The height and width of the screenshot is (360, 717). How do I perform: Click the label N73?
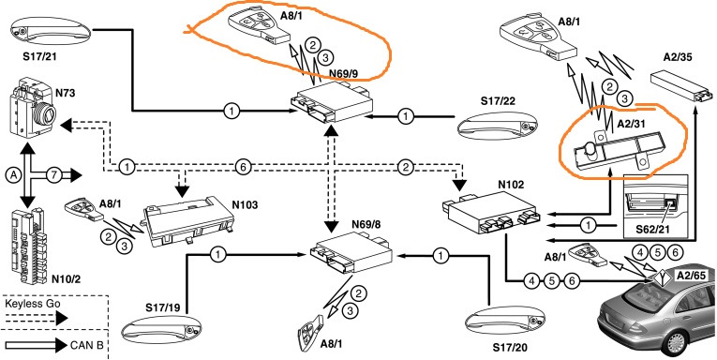[65, 94]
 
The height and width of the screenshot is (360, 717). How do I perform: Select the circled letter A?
[14, 174]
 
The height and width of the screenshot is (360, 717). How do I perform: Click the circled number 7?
[53, 174]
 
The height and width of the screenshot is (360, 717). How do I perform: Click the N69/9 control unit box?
[332, 102]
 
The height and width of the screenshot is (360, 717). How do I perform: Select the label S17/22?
[498, 100]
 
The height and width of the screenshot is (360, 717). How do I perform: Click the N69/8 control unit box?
[350, 253]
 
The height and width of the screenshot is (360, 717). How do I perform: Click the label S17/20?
[510, 348]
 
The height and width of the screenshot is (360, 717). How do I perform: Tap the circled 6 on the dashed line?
[243, 168]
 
